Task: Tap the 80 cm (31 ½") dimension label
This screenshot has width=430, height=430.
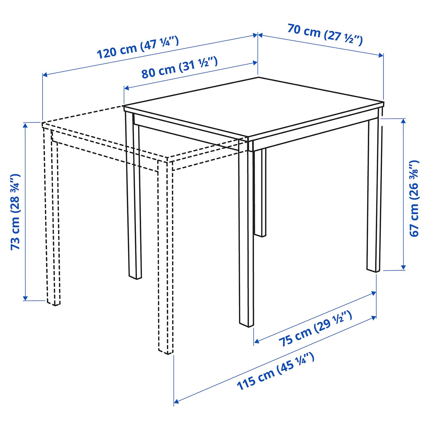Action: click(x=179, y=68)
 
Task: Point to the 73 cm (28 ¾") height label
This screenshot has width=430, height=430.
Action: click(x=15, y=212)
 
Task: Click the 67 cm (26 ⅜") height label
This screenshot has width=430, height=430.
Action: click(x=414, y=198)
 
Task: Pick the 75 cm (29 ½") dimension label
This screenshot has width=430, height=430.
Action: click(x=315, y=329)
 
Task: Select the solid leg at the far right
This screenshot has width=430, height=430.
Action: click(x=374, y=197)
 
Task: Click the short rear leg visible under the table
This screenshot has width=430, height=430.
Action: click(x=260, y=193)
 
